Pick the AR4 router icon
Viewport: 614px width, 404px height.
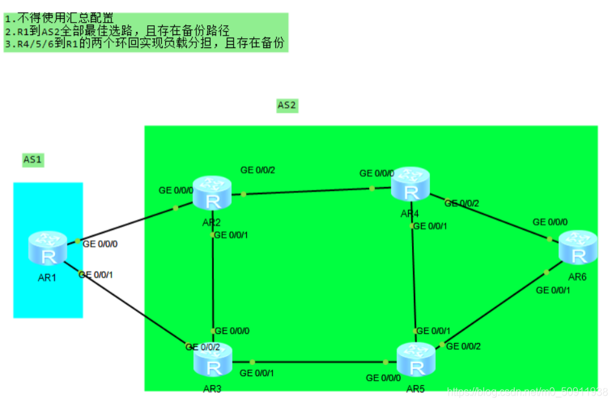click(x=411, y=184)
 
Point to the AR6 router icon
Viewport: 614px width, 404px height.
click(x=576, y=247)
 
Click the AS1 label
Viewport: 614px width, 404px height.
click(x=32, y=159)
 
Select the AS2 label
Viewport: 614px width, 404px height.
click(x=287, y=104)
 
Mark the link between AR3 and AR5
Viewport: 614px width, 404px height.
click(x=311, y=362)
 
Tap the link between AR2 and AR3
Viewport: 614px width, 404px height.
click(x=212, y=285)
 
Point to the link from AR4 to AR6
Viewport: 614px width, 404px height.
click(x=492, y=217)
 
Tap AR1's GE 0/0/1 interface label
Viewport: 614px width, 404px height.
click(x=100, y=274)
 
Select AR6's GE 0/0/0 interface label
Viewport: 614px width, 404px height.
click(x=550, y=222)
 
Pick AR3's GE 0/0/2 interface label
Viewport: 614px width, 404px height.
click(x=203, y=347)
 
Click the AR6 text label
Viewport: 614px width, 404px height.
click(x=577, y=277)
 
